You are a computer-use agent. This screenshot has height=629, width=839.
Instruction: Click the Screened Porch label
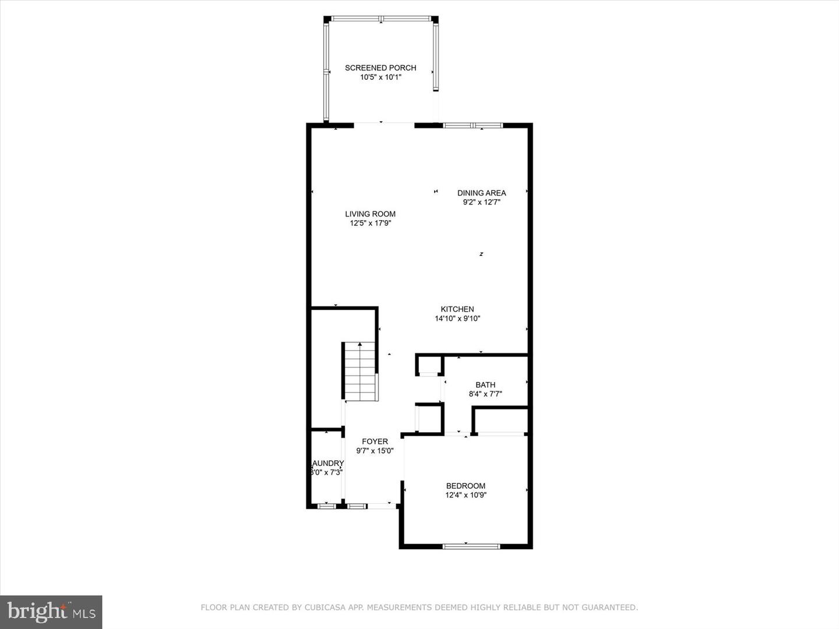pyautogui.click(x=380, y=68)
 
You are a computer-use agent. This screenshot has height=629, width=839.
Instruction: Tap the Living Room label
pyautogui.click(x=370, y=214)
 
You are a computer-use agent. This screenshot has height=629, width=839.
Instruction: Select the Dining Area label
pyautogui.click(x=481, y=193)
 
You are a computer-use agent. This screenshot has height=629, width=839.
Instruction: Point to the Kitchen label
pyautogui.click(x=457, y=309)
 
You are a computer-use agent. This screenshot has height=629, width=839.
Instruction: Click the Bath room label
pyautogui.click(x=485, y=384)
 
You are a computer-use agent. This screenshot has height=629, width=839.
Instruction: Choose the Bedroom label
pyautogui.click(x=466, y=486)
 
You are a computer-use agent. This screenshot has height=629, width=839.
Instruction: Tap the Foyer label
pyautogui.click(x=375, y=441)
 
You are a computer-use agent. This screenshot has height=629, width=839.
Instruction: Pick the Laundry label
pyautogui.click(x=327, y=463)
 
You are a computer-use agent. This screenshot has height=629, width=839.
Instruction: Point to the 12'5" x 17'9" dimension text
pyautogui.click(x=370, y=223)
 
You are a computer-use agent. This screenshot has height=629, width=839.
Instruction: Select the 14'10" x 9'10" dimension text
pyautogui.click(x=457, y=319)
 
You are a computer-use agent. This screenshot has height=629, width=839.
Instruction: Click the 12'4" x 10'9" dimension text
pyautogui.click(x=466, y=496)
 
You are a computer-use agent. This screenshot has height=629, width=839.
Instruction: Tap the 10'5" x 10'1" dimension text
pyautogui.click(x=380, y=77)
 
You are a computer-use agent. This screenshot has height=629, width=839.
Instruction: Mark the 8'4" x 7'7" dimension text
pyautogui.click(x=485, y=394)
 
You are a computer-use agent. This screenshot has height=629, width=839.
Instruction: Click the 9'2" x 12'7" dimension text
pyautogui.click(x=481, y=202)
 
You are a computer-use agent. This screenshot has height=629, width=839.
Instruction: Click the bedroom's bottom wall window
pyautogui.click(x=471, y=546)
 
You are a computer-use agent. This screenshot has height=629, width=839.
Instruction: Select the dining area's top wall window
pyautogui.click(x=473, y=125)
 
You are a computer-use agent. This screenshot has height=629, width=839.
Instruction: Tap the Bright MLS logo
pyautogui.click(x=51, y=612)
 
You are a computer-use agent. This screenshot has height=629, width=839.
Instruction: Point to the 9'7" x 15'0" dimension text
pyautogui.click(x=375, y=451)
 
